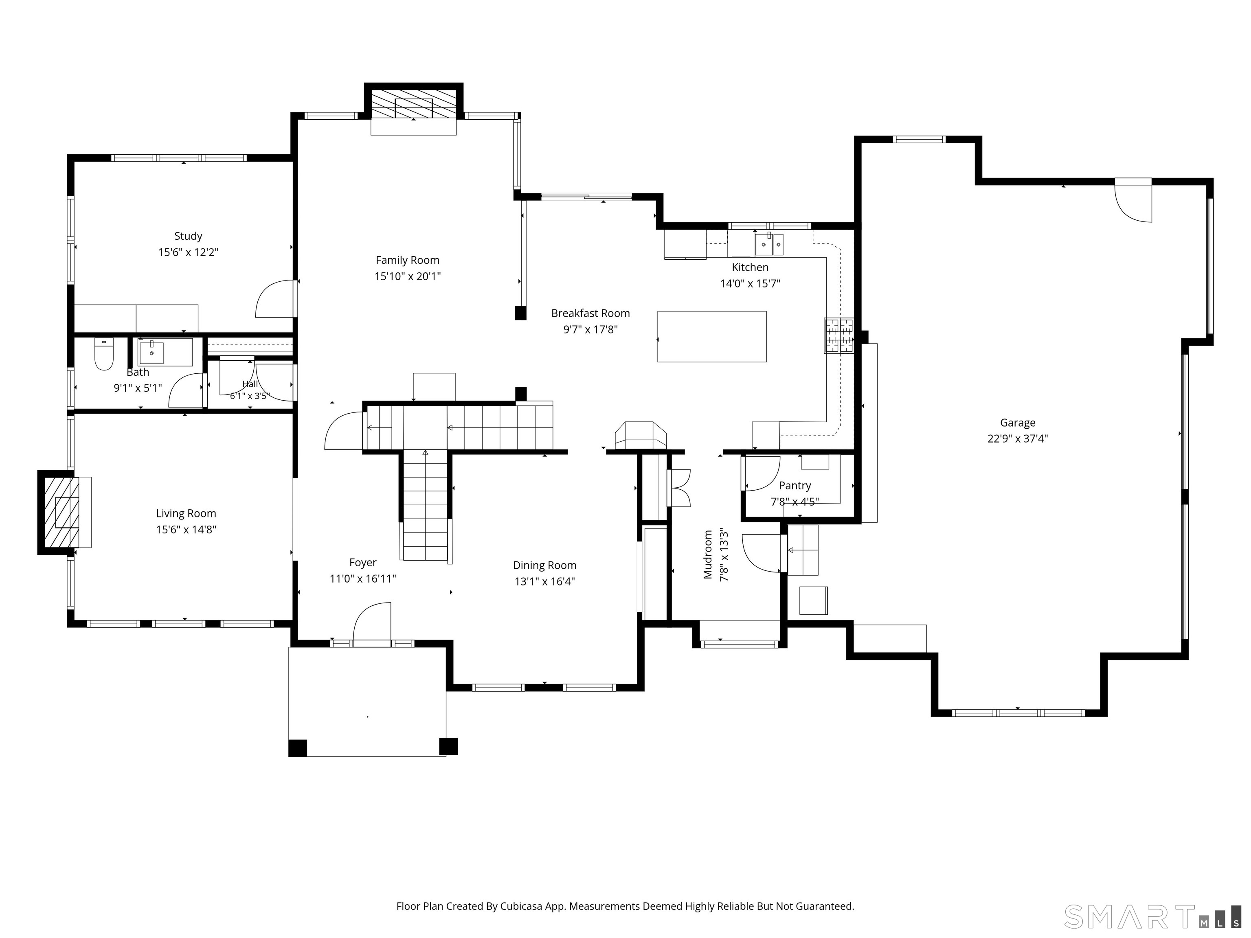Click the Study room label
click(x=188, y=237)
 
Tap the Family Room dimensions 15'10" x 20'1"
click(x=407, y=276)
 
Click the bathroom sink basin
click(x=151, y=352)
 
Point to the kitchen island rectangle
click(x=712, y=336)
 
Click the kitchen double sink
click(x=769, y=245)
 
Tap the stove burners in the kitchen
click(x=839, y=336)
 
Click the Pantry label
click(x=794, y=486)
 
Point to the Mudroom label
click(x=707, y=554)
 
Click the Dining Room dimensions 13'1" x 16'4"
click(x=544, y=581)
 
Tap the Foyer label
click(x=362, y=563)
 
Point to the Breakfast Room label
click(x=590, y=313)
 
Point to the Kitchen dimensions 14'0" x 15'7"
click(x=750, y=284)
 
